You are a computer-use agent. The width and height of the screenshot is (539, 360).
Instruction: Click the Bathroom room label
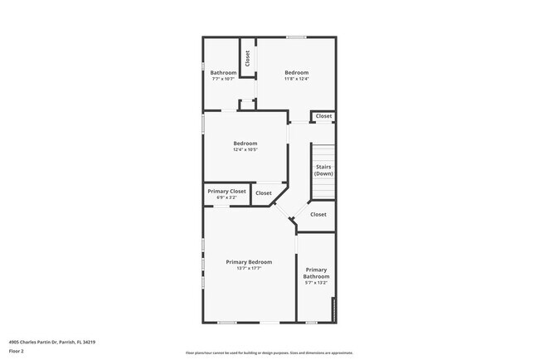(223, 73)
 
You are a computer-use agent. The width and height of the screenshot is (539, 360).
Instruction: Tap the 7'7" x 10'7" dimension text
(223, 79)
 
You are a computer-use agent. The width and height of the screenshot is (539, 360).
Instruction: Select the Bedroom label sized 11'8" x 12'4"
(297, 73)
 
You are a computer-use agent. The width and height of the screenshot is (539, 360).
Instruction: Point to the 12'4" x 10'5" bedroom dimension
(245, 149)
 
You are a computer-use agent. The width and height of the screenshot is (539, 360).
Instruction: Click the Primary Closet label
(226, 192)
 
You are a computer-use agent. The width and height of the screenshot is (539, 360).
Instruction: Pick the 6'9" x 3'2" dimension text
(226, 197)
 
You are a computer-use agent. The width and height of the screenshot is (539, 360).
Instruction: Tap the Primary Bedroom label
(249, 262)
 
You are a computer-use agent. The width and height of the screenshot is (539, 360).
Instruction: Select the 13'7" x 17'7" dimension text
(249, 268)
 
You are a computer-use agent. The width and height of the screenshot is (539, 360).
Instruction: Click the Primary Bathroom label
(316, 273)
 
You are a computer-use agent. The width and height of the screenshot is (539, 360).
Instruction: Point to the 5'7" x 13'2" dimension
(316, 283)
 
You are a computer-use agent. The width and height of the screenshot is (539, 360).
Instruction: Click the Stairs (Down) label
(323, 170)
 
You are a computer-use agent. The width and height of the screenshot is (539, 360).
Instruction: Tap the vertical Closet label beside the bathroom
(247, 58)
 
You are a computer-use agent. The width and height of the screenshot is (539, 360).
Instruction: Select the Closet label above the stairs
(323, 116)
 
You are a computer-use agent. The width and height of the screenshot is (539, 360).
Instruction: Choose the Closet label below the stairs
(318, 215)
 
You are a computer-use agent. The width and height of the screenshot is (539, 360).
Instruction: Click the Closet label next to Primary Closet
(263, 193)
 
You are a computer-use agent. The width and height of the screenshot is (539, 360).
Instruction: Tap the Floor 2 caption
(17, 351)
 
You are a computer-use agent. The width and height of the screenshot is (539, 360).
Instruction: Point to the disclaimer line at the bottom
(269, 353)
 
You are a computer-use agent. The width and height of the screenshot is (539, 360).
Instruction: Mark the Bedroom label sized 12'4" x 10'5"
(245, 144)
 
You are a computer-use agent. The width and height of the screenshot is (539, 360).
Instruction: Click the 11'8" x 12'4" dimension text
(297, 79)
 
